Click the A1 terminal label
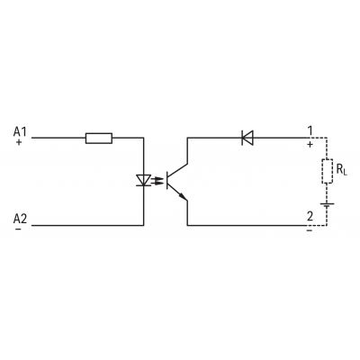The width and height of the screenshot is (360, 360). click(20, 131)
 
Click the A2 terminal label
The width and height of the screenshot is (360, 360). click(20, 219)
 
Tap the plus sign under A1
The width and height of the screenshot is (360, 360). click(19, 142)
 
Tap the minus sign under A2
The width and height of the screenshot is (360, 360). click(19, 229)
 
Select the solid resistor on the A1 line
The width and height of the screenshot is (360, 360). click(99, 139)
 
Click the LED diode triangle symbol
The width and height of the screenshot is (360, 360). click(143, 180)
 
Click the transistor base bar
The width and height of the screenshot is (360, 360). click(167, 180)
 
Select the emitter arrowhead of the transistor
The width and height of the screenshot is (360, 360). click(182, 196)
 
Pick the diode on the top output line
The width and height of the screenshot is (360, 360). click(247, 138)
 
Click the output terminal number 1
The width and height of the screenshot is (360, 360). click(310, 131)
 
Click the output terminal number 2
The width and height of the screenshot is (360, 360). click(310, 216)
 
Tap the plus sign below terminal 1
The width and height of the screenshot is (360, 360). click(310, 145)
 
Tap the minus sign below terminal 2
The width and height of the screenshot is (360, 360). click(310, 230)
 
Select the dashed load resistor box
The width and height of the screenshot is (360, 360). click(327, 171)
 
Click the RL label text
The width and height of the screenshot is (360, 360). click(341, 170)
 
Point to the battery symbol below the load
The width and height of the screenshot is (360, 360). click(327, 205)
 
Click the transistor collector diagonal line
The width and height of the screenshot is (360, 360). click(177, 169)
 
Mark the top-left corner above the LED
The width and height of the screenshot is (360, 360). click(143, 138)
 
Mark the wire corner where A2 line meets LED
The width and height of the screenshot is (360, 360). click(143, 225)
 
